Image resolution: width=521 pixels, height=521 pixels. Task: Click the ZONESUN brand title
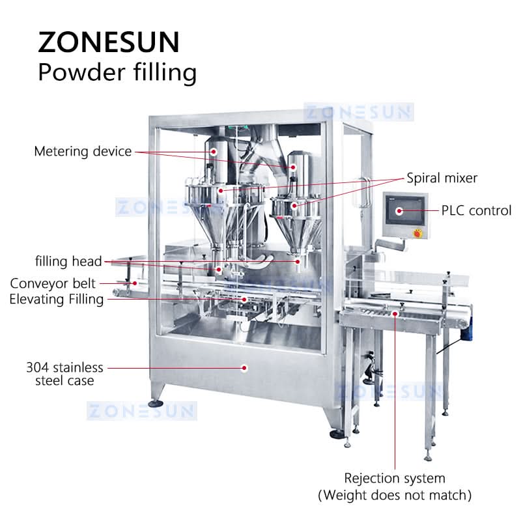pos(109,42)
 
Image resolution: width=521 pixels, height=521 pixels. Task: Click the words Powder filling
pos(117,72)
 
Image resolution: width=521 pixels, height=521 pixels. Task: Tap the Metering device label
pos(83,152)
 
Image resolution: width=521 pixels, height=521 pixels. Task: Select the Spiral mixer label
pos(442,178)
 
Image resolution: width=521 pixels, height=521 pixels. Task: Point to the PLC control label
pos(476,210)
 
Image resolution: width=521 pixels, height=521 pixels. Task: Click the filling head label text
pos(68,262)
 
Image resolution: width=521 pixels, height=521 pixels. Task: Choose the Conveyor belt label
pos(53,283)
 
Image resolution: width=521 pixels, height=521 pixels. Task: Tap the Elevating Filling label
pos(57,300)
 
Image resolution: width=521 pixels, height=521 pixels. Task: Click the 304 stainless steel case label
pos(64,374)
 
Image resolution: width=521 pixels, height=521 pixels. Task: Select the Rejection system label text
pos(395,479)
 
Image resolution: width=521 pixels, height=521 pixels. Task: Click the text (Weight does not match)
pos(395,496)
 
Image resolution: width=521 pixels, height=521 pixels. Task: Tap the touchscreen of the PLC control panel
pos(404,210)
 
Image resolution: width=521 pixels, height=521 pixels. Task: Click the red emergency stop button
pos(417,233)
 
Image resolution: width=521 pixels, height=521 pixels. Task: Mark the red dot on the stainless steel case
pos(244,368)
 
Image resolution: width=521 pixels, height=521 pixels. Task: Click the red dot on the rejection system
pos(395,313)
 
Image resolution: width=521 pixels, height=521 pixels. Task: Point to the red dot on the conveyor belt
pos(135,283)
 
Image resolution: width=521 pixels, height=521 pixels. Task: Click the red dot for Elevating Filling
pos(244,300)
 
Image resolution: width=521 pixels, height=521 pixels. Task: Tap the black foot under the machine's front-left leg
pos(156,404)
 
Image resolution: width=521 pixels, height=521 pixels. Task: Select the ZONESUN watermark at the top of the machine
pos(359,112)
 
